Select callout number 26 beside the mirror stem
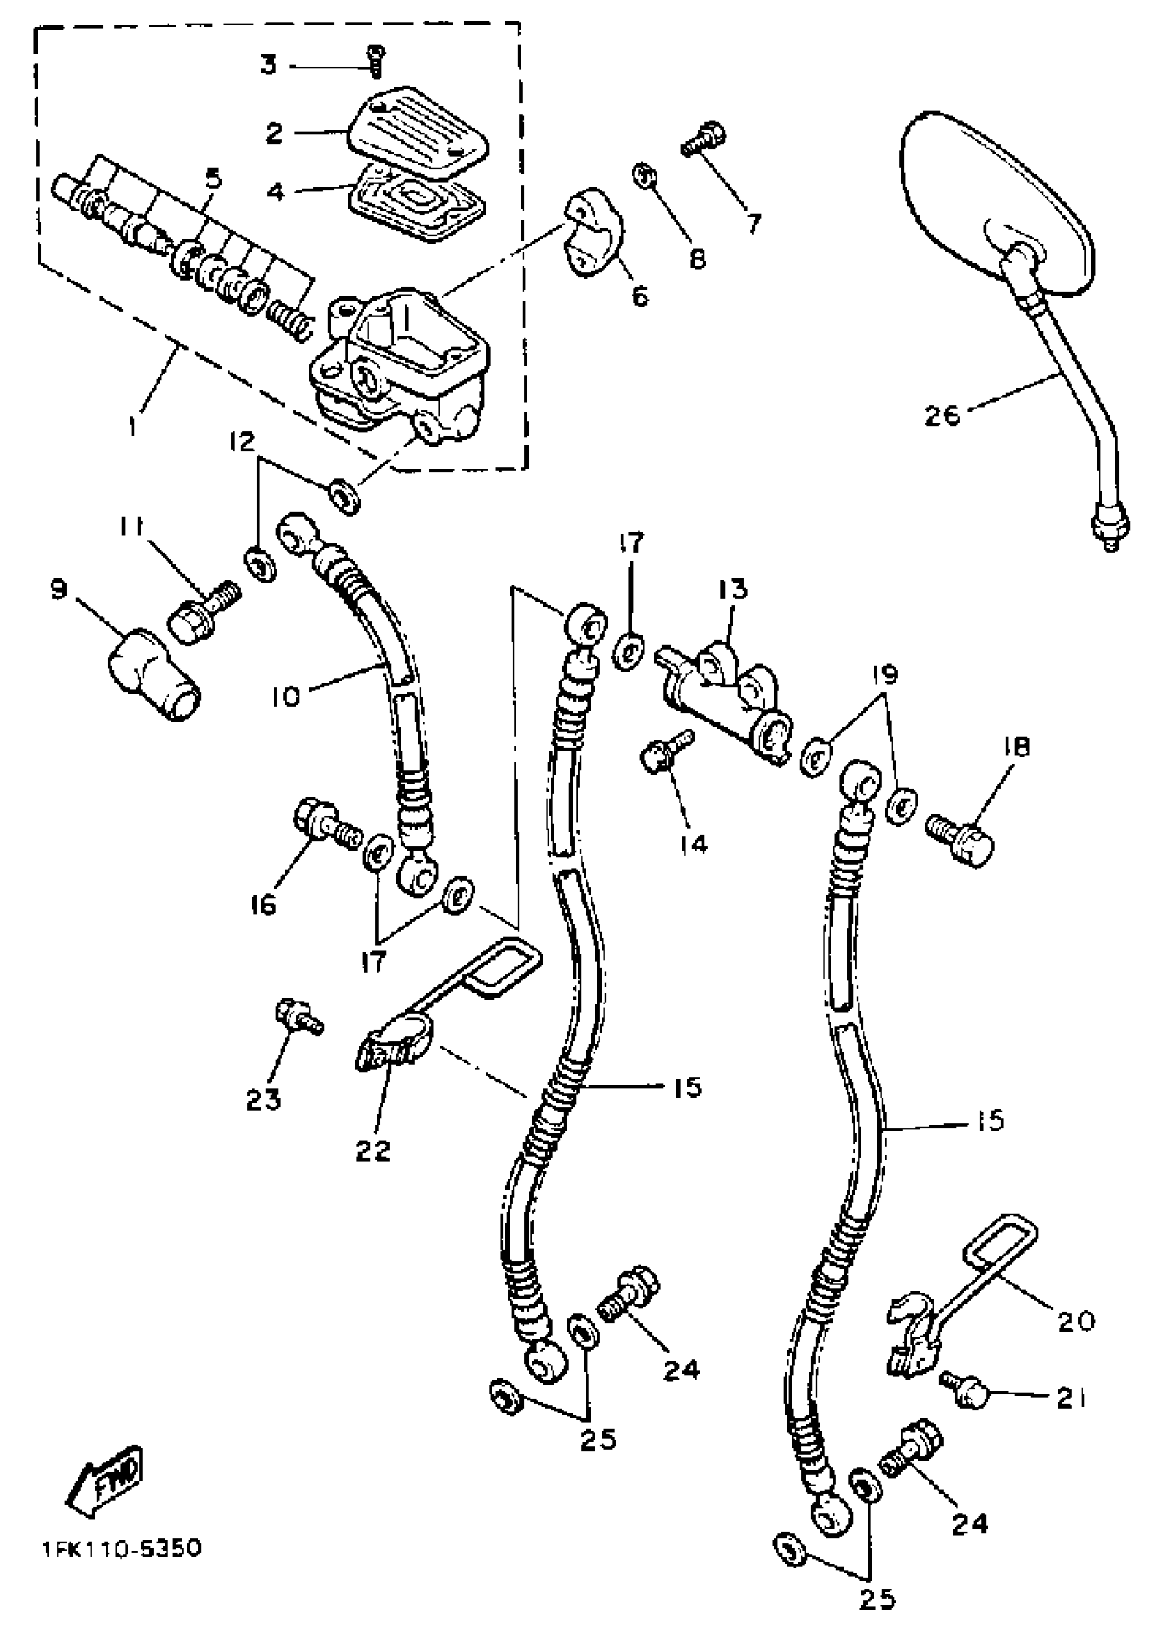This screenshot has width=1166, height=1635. [x=942, y=414]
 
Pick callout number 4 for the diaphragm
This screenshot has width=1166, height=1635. [x=276, y=191]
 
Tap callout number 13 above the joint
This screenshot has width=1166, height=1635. [x=732, y=589]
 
